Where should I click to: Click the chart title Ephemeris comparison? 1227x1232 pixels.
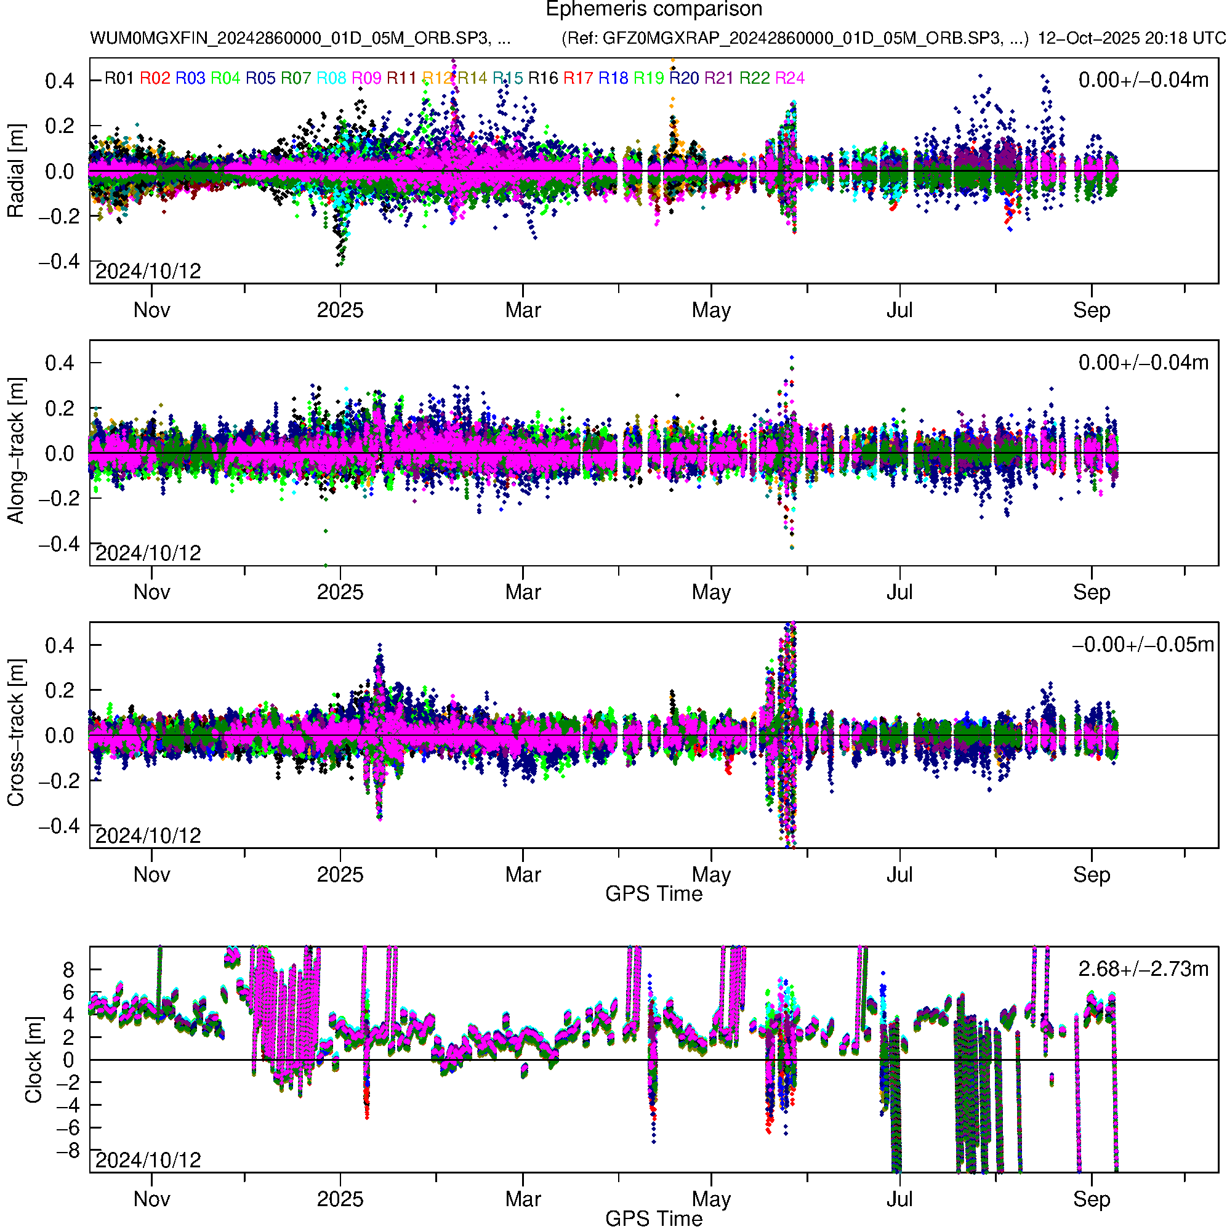click(654, 10)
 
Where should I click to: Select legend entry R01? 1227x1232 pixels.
click(119, 78)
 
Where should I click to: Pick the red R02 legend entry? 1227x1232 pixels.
click(155, 78)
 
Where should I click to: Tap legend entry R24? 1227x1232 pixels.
click(789, 78)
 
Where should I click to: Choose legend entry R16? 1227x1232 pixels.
click(543, 78)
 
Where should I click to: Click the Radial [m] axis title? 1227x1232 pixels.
click(15, 171)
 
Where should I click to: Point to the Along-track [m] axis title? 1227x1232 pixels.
click(15, 451)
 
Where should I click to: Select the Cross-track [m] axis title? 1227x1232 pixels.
click(15, 733)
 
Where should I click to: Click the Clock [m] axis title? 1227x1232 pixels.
click(33, 1060)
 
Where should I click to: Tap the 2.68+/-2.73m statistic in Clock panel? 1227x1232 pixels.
click(1143, 969)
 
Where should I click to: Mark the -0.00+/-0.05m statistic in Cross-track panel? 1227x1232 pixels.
click(1143, 645)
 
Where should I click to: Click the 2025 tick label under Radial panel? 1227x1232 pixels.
click(340, 310)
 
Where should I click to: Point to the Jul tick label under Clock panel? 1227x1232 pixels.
click(899, 1199)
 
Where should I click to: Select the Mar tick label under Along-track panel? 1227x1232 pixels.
click(522, 592)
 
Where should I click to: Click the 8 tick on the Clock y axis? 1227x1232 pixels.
click(68, 970)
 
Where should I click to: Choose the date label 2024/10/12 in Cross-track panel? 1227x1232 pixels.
click(148, 835)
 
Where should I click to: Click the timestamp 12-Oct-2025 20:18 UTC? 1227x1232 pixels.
click(1132, 38)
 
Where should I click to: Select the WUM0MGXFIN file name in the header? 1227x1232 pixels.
click(300, 38)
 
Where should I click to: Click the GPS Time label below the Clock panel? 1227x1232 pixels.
click(654, 1218)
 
